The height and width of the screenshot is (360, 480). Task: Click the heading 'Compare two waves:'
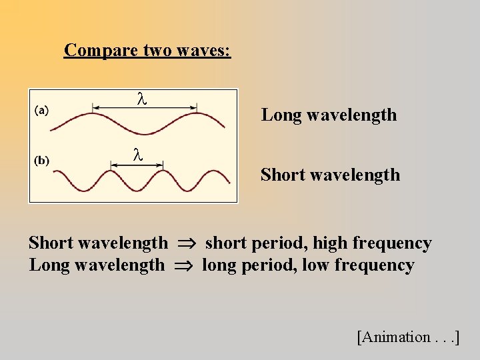pos(147,50)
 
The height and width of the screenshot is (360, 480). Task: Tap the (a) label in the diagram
pos(41,110)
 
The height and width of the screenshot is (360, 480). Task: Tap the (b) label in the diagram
pos(41,161)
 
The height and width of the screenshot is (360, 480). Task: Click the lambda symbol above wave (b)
pos(137,155)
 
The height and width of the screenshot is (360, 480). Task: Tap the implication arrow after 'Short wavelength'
pos(187,244)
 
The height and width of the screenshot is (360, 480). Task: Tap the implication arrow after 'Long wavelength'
pos(183,266)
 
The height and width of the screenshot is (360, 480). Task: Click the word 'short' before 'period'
pos(225,243)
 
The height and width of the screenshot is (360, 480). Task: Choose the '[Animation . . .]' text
pos(408,337)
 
